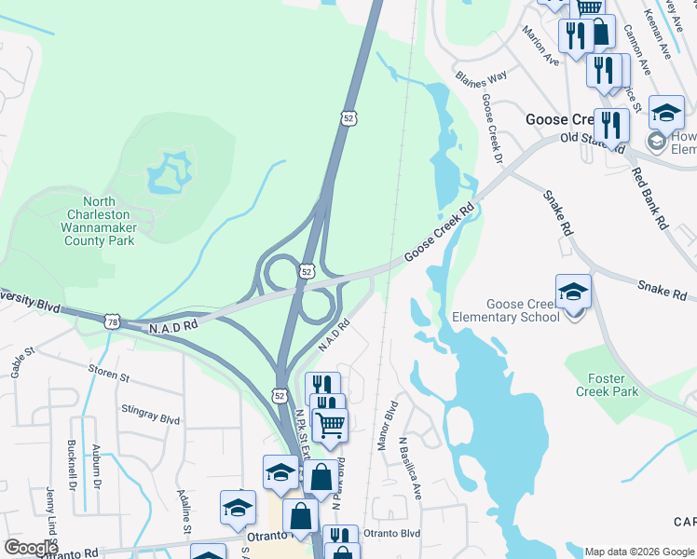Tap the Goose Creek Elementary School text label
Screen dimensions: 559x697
[x=523, y=310]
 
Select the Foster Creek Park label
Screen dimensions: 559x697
[x=613, y=385]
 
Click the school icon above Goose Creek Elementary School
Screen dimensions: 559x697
[x=572, y=292]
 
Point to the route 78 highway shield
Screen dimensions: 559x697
[x=112, y=320]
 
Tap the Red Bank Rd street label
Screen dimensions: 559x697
[x=649, y=198]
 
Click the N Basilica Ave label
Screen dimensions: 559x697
[x=410, y=468]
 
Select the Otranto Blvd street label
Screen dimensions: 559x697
[x=391, y=534]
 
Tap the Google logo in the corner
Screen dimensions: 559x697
[x=30, y=548]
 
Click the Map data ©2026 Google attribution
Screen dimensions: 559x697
[x=639, y=552]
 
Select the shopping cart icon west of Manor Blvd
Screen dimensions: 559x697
[x=329, y=426]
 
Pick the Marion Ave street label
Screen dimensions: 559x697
[x=540, y=46]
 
